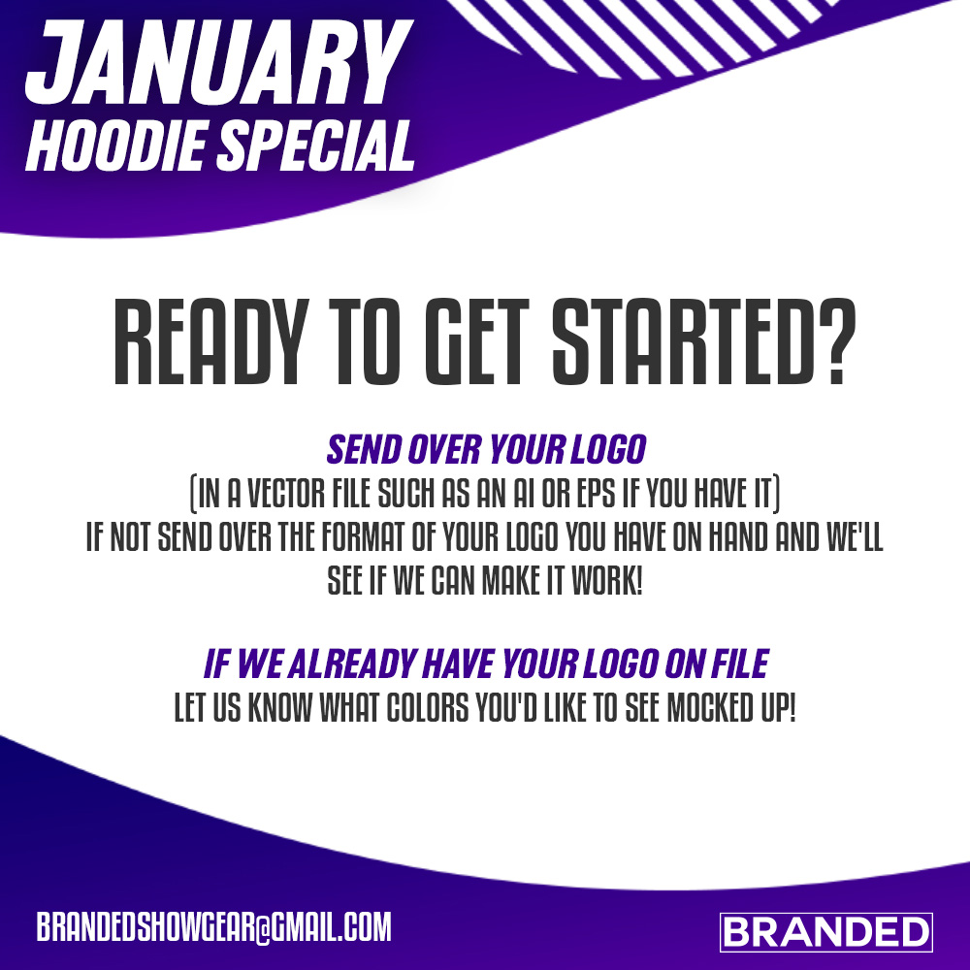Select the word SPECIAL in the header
pyautogui.click(x=315, y=145)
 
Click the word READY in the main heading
pyautogui.click(x=210, y=342)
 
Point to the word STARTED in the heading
pyautogui.click(x=681, y=342)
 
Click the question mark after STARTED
pyautogui.click(x=836, y=342)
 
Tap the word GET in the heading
pyautogui.click(x=477, y=342)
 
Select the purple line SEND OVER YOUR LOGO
pyautogui.click(x=486, y=449)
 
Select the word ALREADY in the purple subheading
pyautogui.click(x=351, y=663)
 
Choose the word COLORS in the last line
pyautogui.click(x=428, y=707)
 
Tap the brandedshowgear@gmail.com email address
pyautogui.click(x=214, y=926)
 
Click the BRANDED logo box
pyautogui.click(x=825, y=931)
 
